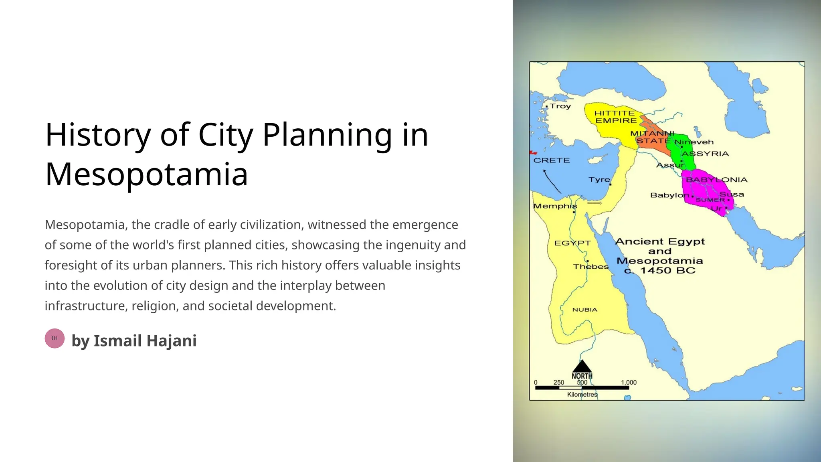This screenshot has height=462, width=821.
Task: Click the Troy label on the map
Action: [x=560, y=106]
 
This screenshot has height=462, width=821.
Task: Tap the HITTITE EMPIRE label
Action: [x=615, y=117]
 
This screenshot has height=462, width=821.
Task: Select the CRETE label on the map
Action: [x=551, y=160]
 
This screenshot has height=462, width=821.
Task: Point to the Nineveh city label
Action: [x=694, y=142]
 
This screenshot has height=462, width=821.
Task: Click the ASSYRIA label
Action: [x=705, y=154]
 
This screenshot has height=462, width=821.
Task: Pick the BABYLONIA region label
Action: [x=716, y=180]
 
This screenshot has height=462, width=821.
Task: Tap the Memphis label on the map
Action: [x=555, y=206]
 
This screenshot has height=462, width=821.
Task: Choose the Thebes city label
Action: [x=590, y=267]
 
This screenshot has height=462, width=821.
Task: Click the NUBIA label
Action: [x=584, y=310]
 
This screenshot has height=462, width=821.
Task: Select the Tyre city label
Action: [x=599, y=180]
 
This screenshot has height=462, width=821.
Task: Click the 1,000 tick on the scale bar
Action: [x=629, y=383]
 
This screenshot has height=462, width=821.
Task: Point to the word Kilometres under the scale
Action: [x=582, y=395]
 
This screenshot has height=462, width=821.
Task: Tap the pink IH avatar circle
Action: [x=55, y=338]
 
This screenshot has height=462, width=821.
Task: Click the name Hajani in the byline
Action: [x=171, y=341]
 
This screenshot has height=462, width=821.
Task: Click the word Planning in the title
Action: [x=327, y=135]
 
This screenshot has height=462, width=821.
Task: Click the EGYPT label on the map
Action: [x=572, y=243]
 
